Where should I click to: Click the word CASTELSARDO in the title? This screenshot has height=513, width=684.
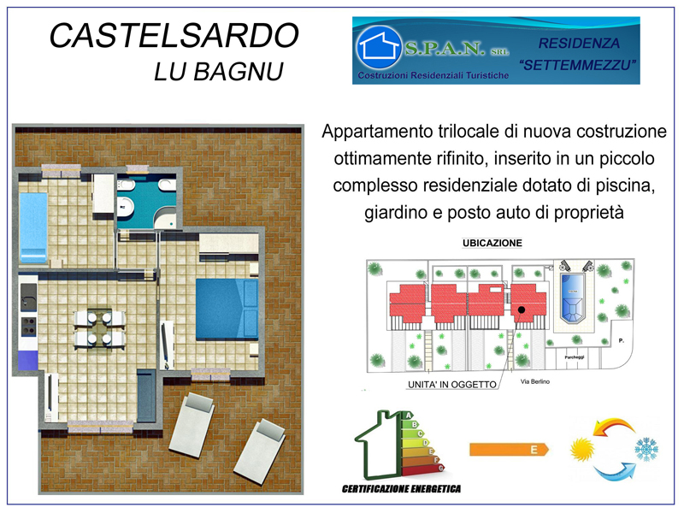[174, 35]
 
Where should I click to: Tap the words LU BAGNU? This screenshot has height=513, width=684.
[219, 72]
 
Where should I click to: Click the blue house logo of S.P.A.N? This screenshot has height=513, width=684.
[378, 48]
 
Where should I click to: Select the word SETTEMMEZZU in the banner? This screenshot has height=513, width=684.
[578, 66]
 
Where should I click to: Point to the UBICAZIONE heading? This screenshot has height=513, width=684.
[492, 243]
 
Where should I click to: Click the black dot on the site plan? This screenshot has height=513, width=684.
[522, 310]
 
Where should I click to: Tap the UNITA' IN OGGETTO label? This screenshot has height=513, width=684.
[452, 384]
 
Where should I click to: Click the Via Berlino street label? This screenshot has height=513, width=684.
[535, 381]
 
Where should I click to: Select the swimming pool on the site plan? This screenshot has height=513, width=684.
[572, 298]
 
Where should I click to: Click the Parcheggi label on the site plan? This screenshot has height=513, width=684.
[574, 357]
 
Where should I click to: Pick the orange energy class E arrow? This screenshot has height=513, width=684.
[509, 450]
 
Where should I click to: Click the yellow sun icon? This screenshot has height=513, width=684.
[582, 449]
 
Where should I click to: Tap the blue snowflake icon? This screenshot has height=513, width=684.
[646, 449]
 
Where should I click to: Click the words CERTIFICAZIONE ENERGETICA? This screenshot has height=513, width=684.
[401, 488]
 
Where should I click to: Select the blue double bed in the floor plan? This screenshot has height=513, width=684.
[227, 310]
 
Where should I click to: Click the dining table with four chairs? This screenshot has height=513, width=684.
[99, 328]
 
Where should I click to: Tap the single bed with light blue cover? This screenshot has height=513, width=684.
[33, 227]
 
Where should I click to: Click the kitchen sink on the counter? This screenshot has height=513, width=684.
[28, 297]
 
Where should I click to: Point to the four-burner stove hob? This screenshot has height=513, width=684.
[29, 327]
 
